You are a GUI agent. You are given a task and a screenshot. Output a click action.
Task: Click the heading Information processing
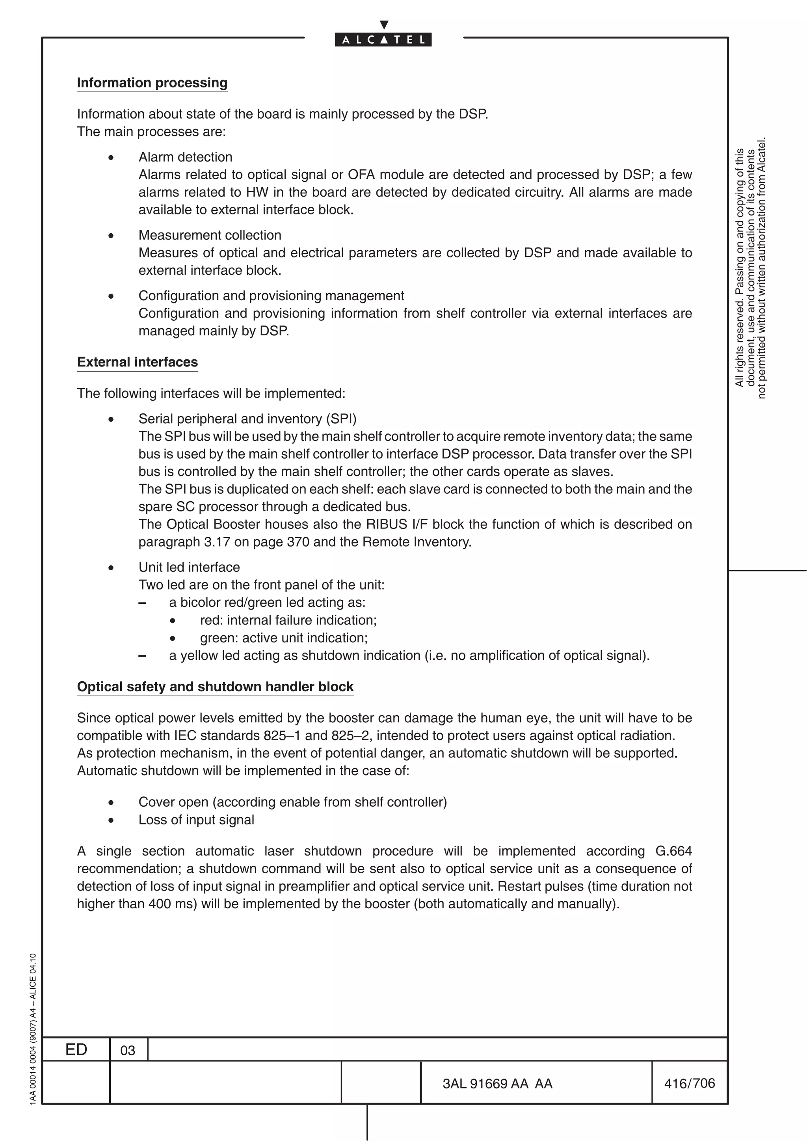[x=152, y=83]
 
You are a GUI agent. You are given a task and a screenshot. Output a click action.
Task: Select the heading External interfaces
[x=137, y=362]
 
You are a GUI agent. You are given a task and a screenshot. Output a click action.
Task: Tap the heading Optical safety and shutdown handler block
[x=215, y=686]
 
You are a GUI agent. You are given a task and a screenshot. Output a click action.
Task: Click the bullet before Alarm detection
[x=111, y=158]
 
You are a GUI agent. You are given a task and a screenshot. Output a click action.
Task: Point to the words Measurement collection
[x=210, y=235]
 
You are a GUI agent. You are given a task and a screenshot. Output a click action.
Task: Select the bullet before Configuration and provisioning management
[x=111, y=296]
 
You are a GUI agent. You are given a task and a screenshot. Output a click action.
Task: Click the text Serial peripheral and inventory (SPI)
[x=247, y=419]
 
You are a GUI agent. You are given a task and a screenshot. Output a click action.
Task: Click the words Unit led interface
[x=189, y=567]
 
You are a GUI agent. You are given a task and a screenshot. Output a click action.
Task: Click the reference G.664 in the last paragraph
[x=673, y=851]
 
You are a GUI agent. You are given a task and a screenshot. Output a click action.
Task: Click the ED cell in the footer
[x=76, y=1049]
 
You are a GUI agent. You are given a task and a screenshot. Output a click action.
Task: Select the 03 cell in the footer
[x=128, y=1051]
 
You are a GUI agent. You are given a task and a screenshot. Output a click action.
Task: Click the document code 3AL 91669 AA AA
[x=497, y=1083]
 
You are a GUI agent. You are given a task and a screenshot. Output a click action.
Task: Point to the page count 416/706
[x=689, y=1083]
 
